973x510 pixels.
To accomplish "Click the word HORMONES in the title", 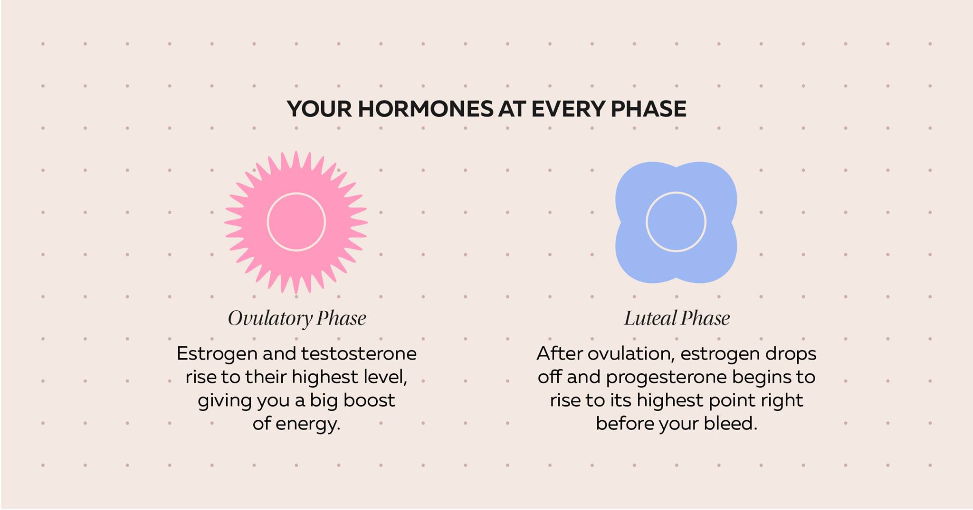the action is click(426, 109).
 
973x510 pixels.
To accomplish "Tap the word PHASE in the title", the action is click(648, 109).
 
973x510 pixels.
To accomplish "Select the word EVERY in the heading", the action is click(568, 109).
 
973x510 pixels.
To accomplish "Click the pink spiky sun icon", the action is click(296, 222).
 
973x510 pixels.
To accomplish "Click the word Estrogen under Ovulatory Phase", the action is click(217, 354).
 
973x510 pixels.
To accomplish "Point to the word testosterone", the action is click(359, 354).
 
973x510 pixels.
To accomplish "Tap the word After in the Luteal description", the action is click(560, 353).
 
